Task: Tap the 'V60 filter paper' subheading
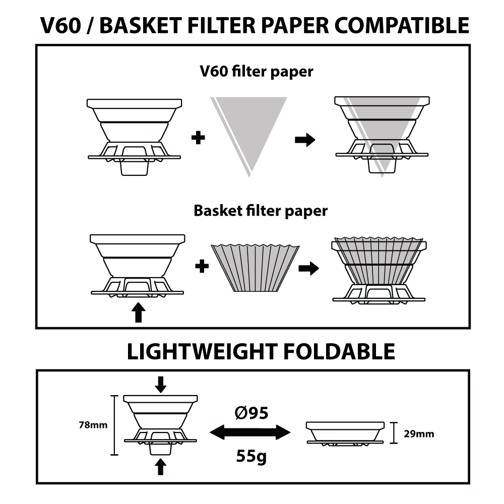[x=256, y=72]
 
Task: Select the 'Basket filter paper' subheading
[x=260, y=210]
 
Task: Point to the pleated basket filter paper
[x=256, y=267]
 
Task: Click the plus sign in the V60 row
[x=200, y=138]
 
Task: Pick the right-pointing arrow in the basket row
[x=308, y=269]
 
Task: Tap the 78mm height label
[x=93, y=425]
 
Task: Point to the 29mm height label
[x=419, y=433]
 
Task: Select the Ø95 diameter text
[x=251, y=414]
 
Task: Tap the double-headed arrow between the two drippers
[x=250, y=432]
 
